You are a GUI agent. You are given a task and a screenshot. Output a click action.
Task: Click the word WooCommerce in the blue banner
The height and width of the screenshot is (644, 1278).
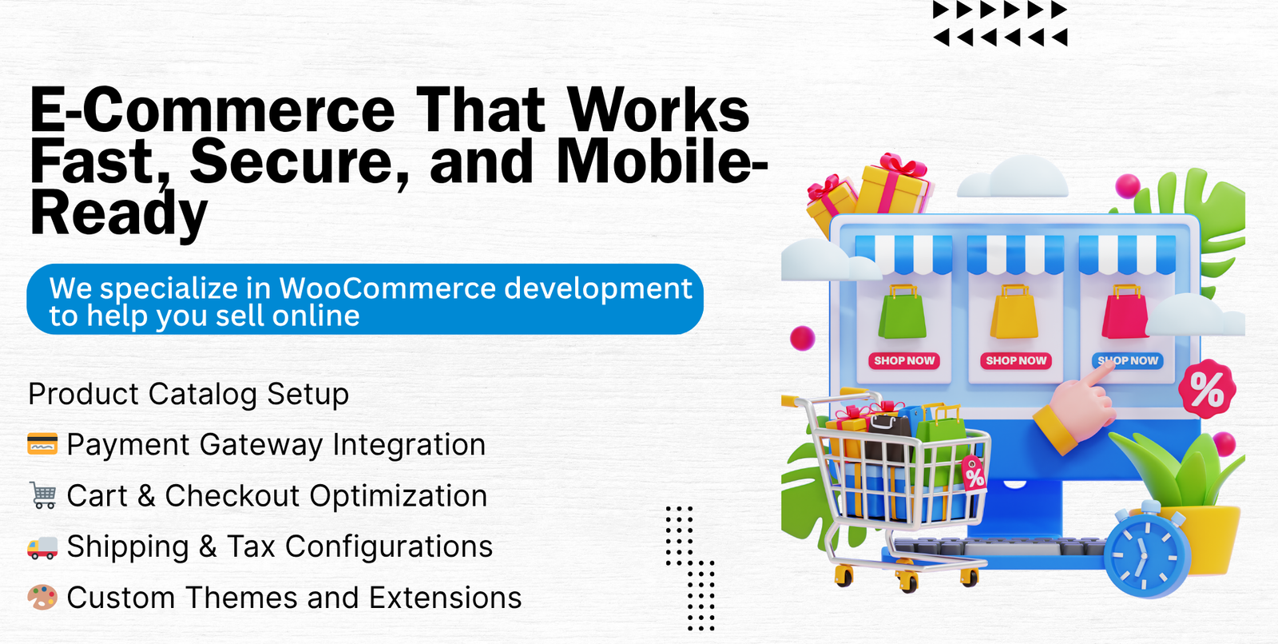(387, 288)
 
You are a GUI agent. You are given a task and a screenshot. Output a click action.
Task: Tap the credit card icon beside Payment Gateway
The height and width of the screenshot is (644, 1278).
(42, 443)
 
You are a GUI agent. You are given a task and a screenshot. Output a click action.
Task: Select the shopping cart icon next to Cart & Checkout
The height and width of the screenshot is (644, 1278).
(43, 495)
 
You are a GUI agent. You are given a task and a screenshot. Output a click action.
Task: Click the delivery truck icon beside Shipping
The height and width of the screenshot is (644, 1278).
(42, 547)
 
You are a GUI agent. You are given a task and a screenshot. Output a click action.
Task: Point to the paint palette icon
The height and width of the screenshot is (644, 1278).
(42, 597)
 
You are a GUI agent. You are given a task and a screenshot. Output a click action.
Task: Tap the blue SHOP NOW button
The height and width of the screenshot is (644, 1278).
(1127, 361)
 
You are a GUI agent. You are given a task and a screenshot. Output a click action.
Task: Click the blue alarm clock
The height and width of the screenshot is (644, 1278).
(1147, 551)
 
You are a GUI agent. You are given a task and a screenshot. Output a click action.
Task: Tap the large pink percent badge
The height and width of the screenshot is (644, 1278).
(1207, 389)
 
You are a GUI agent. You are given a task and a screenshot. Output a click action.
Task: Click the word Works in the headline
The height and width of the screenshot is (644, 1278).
(658, 109)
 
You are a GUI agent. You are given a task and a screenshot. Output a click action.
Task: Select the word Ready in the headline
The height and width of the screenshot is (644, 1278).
(119, 214)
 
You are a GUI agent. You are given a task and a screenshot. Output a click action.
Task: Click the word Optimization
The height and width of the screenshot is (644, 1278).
(399, 495)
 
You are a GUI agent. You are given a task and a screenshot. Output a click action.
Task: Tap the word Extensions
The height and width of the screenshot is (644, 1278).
(445, 598)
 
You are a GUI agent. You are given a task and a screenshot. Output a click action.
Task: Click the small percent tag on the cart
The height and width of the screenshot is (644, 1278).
(974, 473)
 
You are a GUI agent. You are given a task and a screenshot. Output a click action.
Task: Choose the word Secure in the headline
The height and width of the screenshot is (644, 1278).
(299, 162)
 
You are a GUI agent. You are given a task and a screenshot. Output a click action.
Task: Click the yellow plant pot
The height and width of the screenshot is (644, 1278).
(1204, 537)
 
